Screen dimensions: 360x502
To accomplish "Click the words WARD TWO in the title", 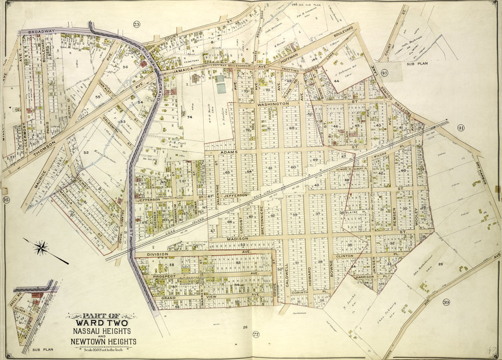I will coord(102,324).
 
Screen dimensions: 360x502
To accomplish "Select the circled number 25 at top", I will coord(136,25).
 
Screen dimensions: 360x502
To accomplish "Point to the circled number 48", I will coord(384,74).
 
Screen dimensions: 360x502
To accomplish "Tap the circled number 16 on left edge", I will coord(6,200).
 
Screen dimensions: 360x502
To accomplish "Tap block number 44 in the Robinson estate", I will coord(336,80).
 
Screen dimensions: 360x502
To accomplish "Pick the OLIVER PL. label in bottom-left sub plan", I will coord(23,309).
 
